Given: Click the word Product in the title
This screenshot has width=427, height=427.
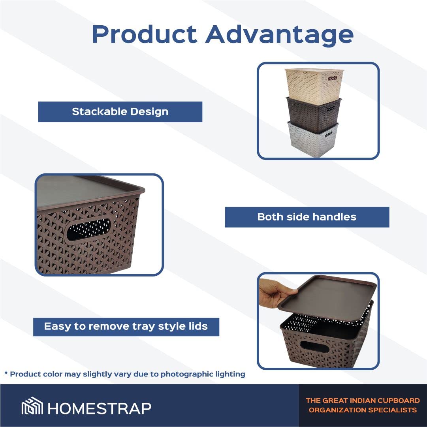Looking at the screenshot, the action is (x=144, y=34).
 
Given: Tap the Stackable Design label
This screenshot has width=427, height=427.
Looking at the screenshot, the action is (x=120, y=112).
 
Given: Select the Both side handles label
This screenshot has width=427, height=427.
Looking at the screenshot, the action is (x=307, y=217).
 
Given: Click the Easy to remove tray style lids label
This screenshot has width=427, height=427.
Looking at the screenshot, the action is (x=126, y=327).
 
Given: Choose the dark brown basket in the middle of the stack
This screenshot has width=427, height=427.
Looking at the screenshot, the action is (x=314, y=115).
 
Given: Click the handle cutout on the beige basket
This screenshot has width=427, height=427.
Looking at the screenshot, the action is (x=333, y=79).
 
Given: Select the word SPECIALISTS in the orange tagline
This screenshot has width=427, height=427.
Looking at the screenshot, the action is (x=391, y=410).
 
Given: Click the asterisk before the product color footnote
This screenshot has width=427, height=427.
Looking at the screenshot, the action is (x=6, y=373).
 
